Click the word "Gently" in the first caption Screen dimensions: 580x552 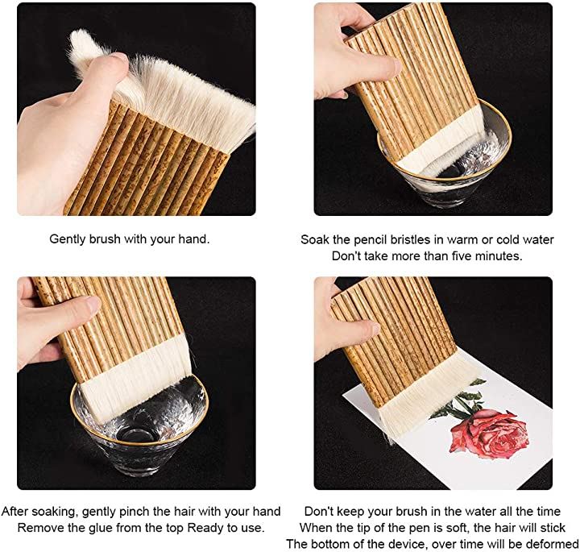point(68,239)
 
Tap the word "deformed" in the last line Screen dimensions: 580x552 point(552,544)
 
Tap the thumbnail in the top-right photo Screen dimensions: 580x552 point(398,67)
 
